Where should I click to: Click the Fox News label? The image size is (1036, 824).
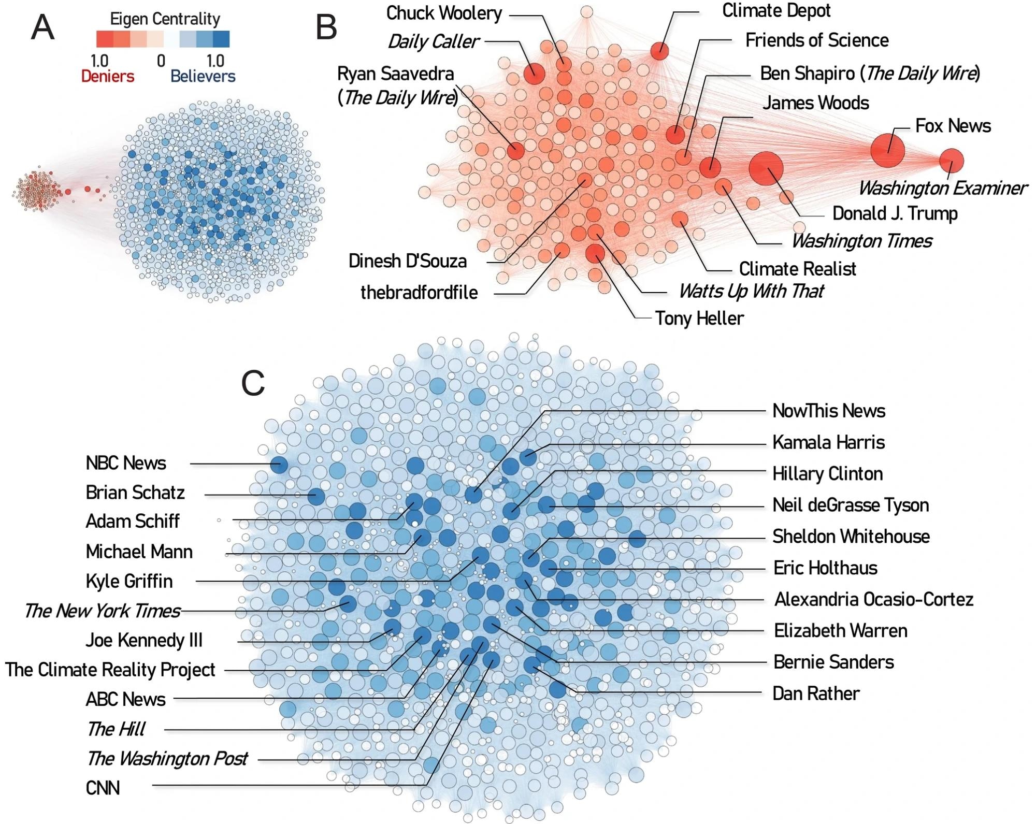coord(953,126)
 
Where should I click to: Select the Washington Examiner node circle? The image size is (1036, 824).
coord(951,161)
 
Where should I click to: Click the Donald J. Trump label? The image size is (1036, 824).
coord(895,213)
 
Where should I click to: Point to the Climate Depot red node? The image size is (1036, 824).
coord(659,51)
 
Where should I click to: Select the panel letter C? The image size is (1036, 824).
coord(253,384)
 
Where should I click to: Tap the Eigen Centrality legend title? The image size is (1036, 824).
coord(165,19)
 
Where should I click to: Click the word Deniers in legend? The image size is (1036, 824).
coord(107,77)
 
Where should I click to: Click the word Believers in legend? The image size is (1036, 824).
coord(203,77)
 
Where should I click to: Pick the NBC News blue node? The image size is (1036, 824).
coord(279,465)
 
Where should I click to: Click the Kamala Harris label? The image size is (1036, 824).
coord(828,442)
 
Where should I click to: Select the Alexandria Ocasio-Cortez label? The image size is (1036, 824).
coord(873,600)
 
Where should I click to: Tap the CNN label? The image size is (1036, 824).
coord(103,788)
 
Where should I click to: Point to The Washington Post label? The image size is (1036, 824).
coord(167,759)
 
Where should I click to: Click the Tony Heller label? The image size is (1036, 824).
coord(699,318)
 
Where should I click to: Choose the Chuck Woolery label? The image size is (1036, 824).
coord(444,13)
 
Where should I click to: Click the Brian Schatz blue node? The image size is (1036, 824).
coord(316,497)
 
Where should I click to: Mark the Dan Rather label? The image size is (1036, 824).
coord(815,693)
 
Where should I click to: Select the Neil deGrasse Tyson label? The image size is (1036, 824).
coord(850,505)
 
